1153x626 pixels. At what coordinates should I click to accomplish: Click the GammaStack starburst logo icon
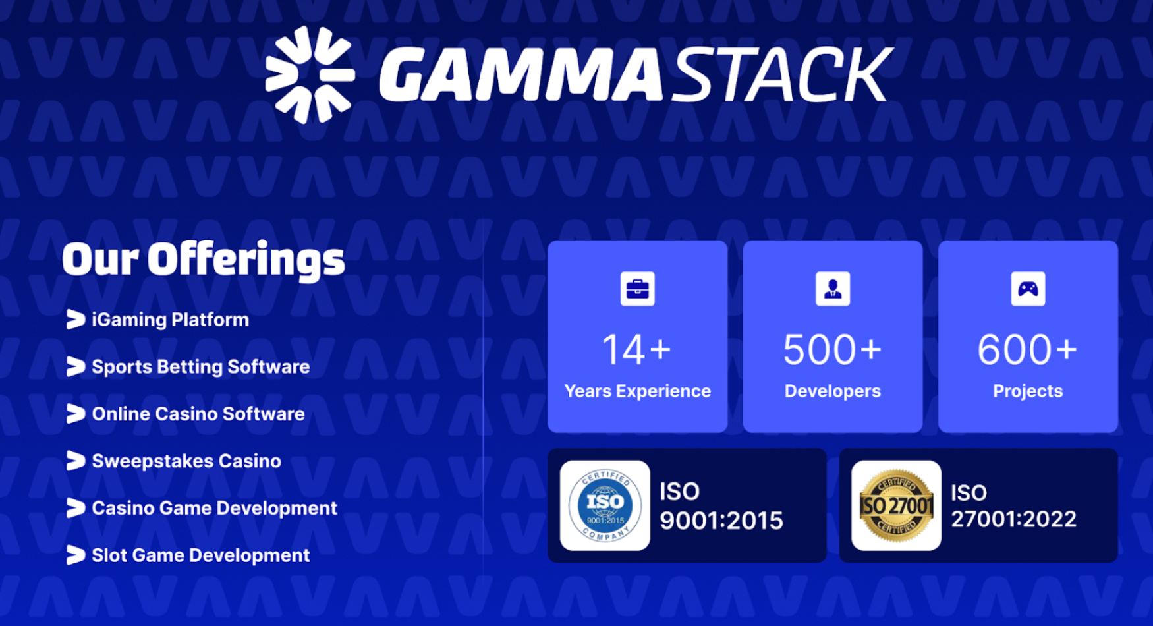[310, 74]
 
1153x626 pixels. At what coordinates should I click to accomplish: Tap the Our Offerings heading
[203, 260]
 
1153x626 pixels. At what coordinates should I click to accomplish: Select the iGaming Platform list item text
[170, 320]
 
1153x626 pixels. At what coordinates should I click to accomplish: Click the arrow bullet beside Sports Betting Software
[76, 366]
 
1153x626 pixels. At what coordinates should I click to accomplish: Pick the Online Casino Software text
[198, 414]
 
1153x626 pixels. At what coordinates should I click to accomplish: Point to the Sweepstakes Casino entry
[186, 461]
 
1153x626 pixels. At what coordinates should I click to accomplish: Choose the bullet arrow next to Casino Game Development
[76, 507]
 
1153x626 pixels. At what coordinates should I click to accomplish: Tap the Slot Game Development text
[201, 555]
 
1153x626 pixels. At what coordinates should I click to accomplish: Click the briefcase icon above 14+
[637, 289]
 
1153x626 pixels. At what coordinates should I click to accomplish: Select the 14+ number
[636, 349]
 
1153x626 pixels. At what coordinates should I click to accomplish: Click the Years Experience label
[637, 391]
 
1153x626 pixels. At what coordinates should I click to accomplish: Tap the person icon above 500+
[833, 289]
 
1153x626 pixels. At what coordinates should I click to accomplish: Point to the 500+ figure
[832, 349]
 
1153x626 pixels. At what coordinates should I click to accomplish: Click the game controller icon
[1028, 289]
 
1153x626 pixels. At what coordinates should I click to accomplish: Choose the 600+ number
[1027, 349]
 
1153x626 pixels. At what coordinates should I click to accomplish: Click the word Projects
[1028, 391]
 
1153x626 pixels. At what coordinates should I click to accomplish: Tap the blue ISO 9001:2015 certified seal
[605, 505]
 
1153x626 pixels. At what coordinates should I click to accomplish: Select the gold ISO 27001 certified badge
[896, 505]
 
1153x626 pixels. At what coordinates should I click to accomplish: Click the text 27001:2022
[1013, 519]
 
